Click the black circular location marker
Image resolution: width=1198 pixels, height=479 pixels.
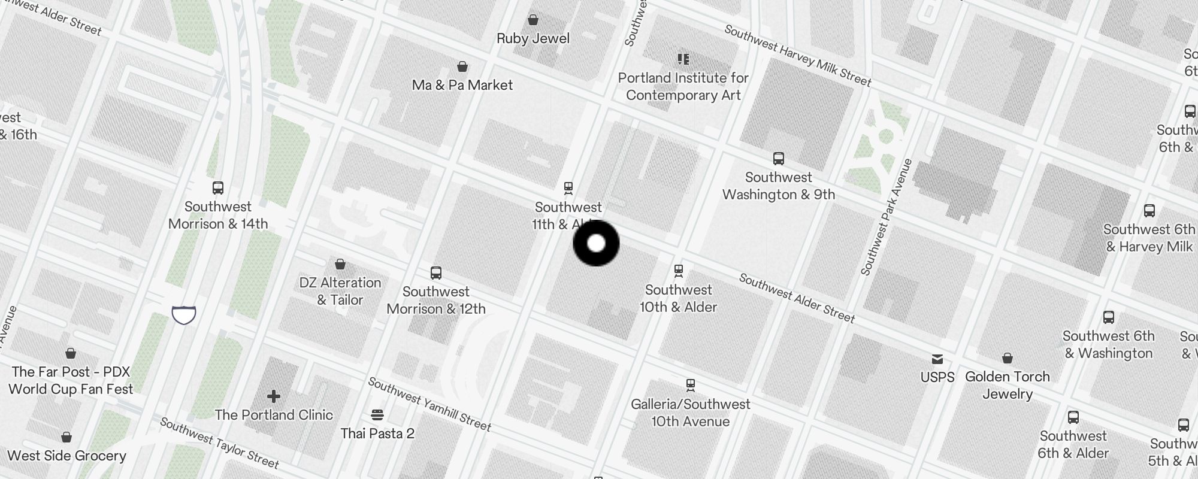pyautogui.click(x=596, y=243)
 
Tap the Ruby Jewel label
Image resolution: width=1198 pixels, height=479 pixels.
pyautogui.click(x=533, y=38)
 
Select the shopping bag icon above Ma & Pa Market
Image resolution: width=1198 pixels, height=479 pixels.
pyautogui.click(x=462, y=66)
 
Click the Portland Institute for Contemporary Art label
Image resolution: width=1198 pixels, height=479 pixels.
pyautogui.click(x=683, y=86)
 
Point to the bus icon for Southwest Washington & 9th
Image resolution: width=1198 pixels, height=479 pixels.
pyautogui.click(x=779, y=159)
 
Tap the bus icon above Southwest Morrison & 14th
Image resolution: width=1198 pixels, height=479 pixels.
pyautogui.click(x=218, y=188)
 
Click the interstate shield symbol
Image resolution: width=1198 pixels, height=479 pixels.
pyautogui.click(x=184, y=314)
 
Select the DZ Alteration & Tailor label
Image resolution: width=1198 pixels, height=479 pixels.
pyautogui.click(x=340, y=291)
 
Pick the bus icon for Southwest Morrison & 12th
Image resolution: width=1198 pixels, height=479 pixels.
pyautogui.click(x=436, y=273)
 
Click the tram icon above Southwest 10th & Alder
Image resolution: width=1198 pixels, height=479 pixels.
pyautogui.click(x=679, y=271)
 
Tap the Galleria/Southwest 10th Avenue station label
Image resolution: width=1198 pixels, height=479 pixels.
pyautogui.click(x=690, y=413)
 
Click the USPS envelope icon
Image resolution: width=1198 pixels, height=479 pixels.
pyautogui.click(x=937, y=359)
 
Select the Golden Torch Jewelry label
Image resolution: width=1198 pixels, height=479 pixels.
pyautogui.click(x=1008, y=385)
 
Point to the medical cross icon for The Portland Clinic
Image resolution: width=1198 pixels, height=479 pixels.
pyautogui.click(x=274, y=396)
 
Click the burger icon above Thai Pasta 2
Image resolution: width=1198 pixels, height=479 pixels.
pyautogui.click(x=377, y=415)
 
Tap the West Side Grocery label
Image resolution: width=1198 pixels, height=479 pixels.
pyautogui.click(x=67, y=456)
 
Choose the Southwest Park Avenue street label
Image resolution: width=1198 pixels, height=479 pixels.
pyautogui.click(x=887, y=217)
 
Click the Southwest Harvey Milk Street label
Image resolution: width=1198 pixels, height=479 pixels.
pyautogui.click(x=797, y=56)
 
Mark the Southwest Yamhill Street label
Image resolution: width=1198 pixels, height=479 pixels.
pyautogui.click(x=429, y=404)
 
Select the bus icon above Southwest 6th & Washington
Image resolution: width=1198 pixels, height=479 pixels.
pyautogui.click(x=1109, y=317)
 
